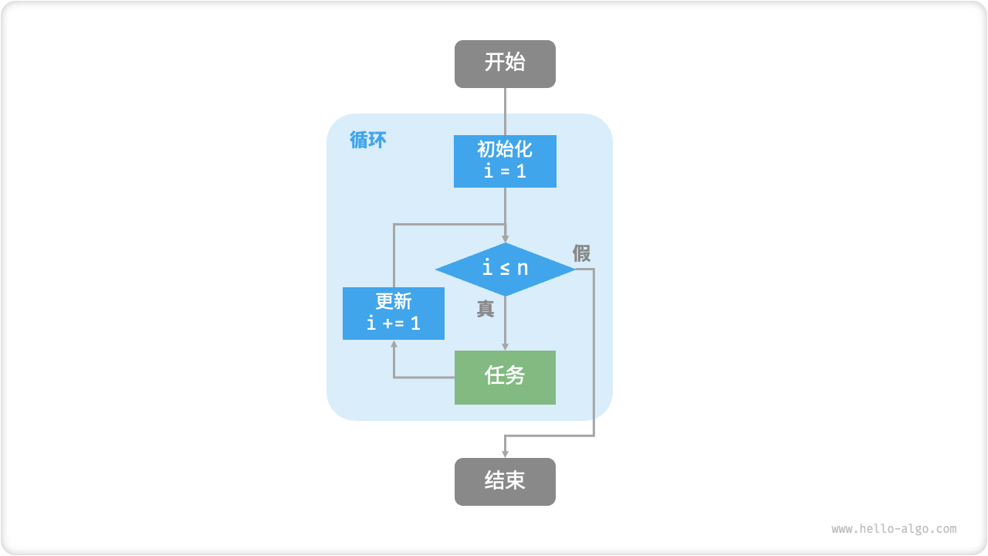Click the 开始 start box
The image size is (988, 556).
(x=505, y=63)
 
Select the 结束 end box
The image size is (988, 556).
(x=505, y=481)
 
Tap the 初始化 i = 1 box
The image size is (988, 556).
(x=505, y=161)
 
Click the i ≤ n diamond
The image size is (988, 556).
(x=505, y=269)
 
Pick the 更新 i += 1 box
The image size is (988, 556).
(x=394, y=313)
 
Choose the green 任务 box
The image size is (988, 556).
(x=505, y=377)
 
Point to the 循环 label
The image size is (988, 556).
(x=368, y=141)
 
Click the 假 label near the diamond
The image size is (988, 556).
(x=581, y=253)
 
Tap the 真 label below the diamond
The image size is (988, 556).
(x=485, y=309)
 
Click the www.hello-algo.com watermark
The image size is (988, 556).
(x=894, y=529)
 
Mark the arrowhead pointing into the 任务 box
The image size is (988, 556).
(x=505, y=346)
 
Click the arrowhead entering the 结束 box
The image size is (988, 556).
(x=505, y=453)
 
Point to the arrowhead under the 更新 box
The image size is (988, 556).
(x=394, y=344)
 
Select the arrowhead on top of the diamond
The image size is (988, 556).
(x=505, y=238)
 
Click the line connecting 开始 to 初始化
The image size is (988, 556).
(x=505, y=111)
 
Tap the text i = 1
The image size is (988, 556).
(x=505, y=171)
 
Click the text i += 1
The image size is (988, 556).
(x=394, y=323)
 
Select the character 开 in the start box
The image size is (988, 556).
(x=494, y=63)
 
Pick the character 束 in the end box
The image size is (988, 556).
(x=516, y=481)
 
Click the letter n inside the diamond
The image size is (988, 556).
(x=523, y=269)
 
